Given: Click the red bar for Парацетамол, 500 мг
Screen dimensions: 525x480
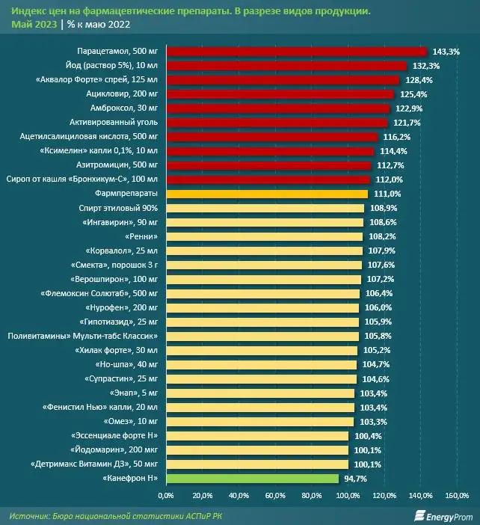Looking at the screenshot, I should pos(296,52).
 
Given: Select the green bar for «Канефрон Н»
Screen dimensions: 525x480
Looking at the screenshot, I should pos(252,478).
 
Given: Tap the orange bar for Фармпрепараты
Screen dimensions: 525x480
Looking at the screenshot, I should pos(267,194).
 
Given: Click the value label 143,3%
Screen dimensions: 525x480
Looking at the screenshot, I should pos(446,52).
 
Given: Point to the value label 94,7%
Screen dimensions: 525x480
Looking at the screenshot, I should pos(357,478).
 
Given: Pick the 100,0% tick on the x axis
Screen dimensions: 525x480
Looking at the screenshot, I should pos(348,495).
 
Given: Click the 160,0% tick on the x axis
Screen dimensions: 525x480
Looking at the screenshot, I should pos(457,495).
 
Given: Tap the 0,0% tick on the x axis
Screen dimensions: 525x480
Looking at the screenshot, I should pos(166,495).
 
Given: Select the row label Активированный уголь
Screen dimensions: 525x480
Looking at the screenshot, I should pos(111,123).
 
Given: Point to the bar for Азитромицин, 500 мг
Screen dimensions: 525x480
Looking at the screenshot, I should pos(268,165).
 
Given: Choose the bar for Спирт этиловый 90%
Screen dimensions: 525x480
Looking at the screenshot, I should pos(265,208).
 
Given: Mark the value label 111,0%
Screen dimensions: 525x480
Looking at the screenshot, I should pos(386,194).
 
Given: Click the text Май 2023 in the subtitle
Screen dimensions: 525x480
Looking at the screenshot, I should pos(34,24).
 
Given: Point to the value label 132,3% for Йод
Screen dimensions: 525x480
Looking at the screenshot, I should pos(425,66).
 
